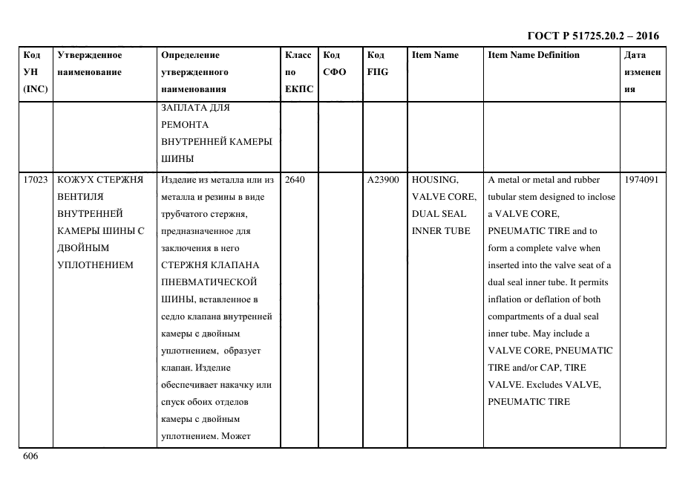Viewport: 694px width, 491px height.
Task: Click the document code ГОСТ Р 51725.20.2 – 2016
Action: pos(593,36)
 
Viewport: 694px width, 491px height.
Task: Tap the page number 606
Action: pos(30,456)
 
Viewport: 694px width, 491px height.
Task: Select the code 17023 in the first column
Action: pos(36,180)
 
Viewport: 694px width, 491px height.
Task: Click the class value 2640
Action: pos(295,180)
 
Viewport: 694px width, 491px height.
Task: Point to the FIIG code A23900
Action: pos(383,180)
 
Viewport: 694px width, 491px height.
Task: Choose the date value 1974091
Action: pos(641,180)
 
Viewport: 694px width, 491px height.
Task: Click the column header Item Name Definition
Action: pos(534,55)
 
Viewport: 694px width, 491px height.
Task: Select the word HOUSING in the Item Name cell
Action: pos(435,180)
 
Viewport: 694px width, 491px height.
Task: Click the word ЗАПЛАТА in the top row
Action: pos(185,108)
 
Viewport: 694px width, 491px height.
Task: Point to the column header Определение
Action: pos(190,55)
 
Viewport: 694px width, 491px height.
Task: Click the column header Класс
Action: pos(298,55)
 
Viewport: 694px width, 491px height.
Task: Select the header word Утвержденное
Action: pos(90,55)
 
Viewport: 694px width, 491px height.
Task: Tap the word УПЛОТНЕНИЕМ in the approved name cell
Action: pos(95,265)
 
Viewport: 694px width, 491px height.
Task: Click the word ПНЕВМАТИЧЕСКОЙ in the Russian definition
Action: pos(209,282)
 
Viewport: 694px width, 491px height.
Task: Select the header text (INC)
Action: pos(36,89)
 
